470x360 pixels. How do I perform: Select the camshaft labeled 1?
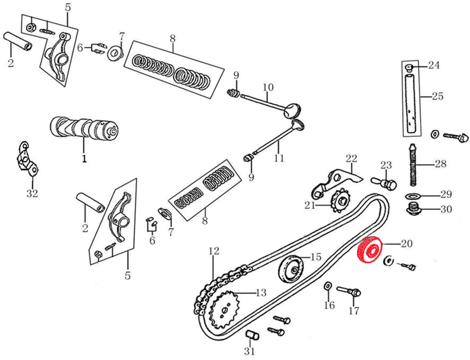point(84,128)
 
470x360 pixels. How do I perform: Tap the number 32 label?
point(32,193)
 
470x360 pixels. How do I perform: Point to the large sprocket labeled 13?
point(227,310)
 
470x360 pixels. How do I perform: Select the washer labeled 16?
point(328,285)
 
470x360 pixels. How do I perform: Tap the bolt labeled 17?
point(350,292)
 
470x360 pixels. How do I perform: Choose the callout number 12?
point(214,250)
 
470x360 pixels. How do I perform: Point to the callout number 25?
point(437,96)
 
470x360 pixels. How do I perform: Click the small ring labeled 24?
point(409,68)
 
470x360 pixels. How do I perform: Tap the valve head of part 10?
point(294,109)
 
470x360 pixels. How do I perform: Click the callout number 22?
point(351,158)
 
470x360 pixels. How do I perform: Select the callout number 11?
point(278,159)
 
